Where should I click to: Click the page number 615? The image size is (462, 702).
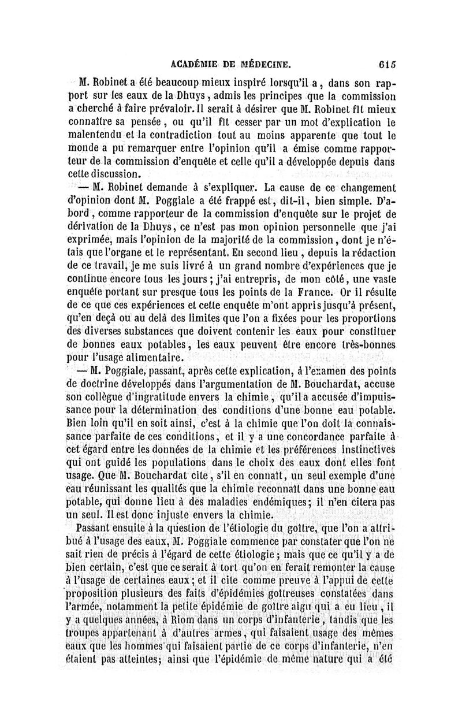[x=384, y=64]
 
